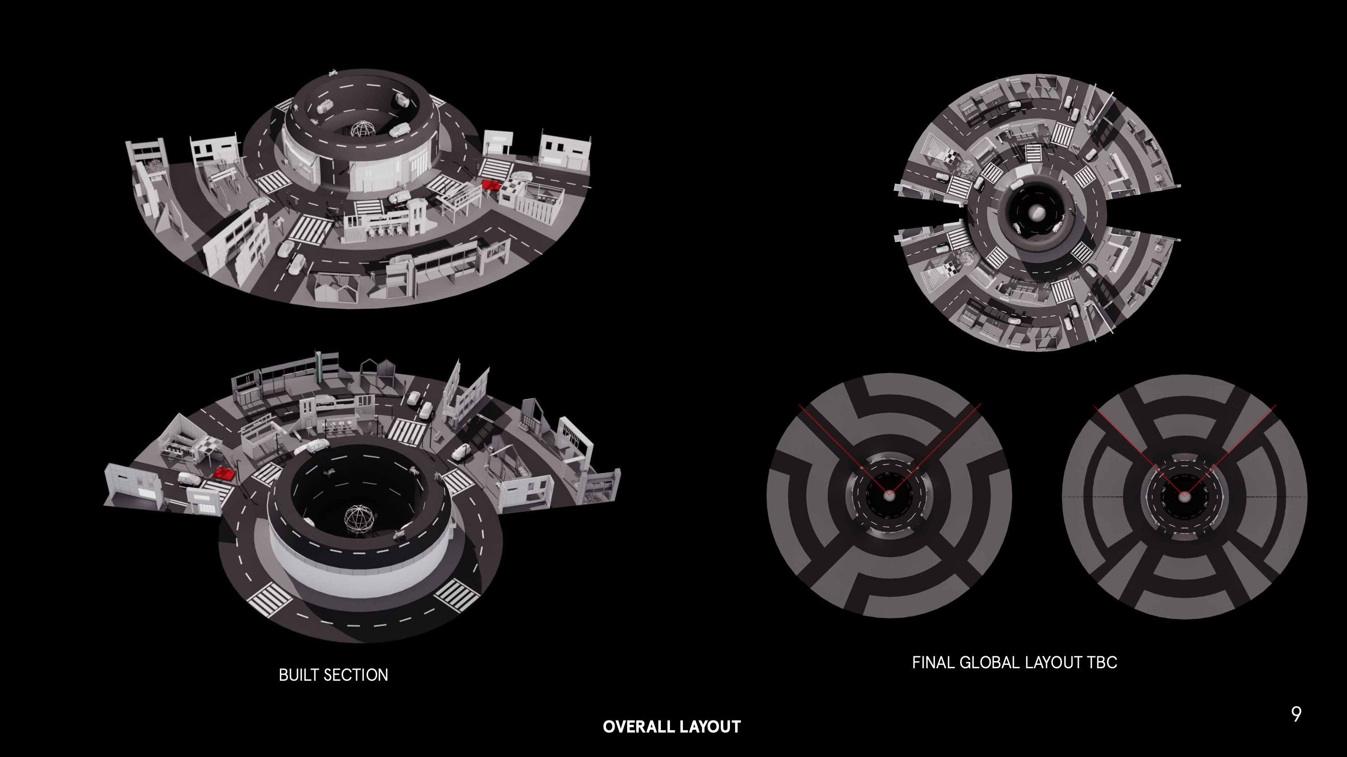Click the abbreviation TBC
coord(1102,662)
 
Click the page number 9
coord(1296,714)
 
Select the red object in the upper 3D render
coord(491,185)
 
